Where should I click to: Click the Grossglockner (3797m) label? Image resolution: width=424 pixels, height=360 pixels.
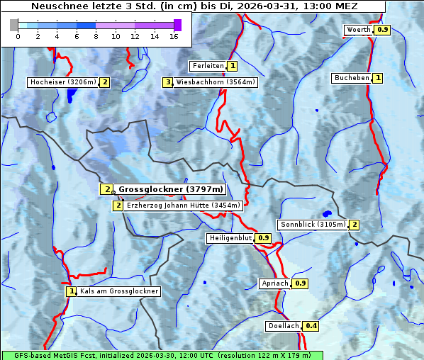tap(171, 189)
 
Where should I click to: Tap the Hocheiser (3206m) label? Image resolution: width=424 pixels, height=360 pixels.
tap(62, 82)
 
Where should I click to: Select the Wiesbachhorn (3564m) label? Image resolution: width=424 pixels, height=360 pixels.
tap(216, 82)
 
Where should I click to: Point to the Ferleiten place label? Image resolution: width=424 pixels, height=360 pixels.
tap(208, 66)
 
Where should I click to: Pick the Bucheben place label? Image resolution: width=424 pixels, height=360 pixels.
tap(352, 78)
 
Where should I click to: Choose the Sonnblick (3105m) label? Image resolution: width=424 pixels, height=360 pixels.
tap(313, 225)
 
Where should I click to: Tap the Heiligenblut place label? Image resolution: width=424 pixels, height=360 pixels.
tap(230, 238)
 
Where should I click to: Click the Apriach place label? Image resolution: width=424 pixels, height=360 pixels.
tap(274, 283)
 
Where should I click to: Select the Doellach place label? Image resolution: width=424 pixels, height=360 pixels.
tap(284, 327)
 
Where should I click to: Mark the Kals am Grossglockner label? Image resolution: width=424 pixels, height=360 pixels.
tap(118, 291)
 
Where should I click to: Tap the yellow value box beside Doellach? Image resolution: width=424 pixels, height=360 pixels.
tap(311, 327)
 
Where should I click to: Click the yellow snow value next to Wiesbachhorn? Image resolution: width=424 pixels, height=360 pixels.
tap(168, 82)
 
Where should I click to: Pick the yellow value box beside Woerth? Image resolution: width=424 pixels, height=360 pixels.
tap(382, 30)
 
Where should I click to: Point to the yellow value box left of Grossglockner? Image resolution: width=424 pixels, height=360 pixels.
tap(106, 189)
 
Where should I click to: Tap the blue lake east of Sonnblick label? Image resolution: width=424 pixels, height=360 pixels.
tap(327, 213)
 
